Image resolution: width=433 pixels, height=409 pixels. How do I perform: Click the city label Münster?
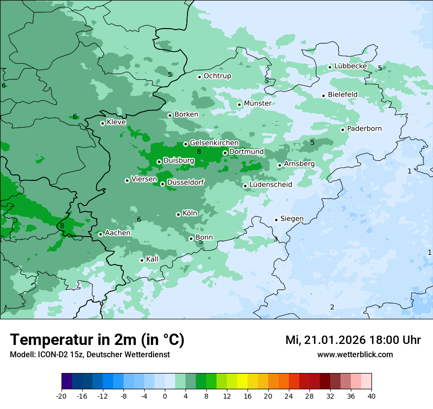coord(257,103)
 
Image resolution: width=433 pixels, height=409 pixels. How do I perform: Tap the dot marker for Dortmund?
coord(225,153)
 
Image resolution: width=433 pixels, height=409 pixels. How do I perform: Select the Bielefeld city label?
coord(343,94)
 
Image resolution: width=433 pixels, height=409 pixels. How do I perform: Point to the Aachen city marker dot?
coord(100,234)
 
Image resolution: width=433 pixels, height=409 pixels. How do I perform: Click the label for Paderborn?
coord(364,129)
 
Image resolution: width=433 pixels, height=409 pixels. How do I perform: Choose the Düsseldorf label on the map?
coord(186,183)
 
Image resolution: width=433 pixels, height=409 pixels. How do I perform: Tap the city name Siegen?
coord(292,219)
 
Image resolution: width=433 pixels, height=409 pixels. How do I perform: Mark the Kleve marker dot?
coord(102,123)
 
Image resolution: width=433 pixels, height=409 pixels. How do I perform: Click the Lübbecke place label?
coord(350,66)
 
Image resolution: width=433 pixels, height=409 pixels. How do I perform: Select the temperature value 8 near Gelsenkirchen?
coord(199,151)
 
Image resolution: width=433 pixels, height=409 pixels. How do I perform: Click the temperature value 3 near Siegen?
coord(276,239)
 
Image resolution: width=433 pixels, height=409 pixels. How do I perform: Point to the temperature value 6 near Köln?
coord(139,219)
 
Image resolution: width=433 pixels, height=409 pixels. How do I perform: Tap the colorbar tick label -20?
coord(62,396)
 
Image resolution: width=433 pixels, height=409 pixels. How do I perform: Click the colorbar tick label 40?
coord(371,396)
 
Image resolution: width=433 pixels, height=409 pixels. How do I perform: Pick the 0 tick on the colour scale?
coord(165,396)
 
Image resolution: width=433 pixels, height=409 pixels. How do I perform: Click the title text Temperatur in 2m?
coord(74,340)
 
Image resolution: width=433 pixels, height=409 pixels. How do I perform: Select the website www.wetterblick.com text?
coord(355,354)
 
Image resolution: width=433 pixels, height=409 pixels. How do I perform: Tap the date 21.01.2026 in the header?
coord(335,340)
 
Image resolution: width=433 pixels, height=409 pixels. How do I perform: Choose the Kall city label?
coord(153,259)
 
